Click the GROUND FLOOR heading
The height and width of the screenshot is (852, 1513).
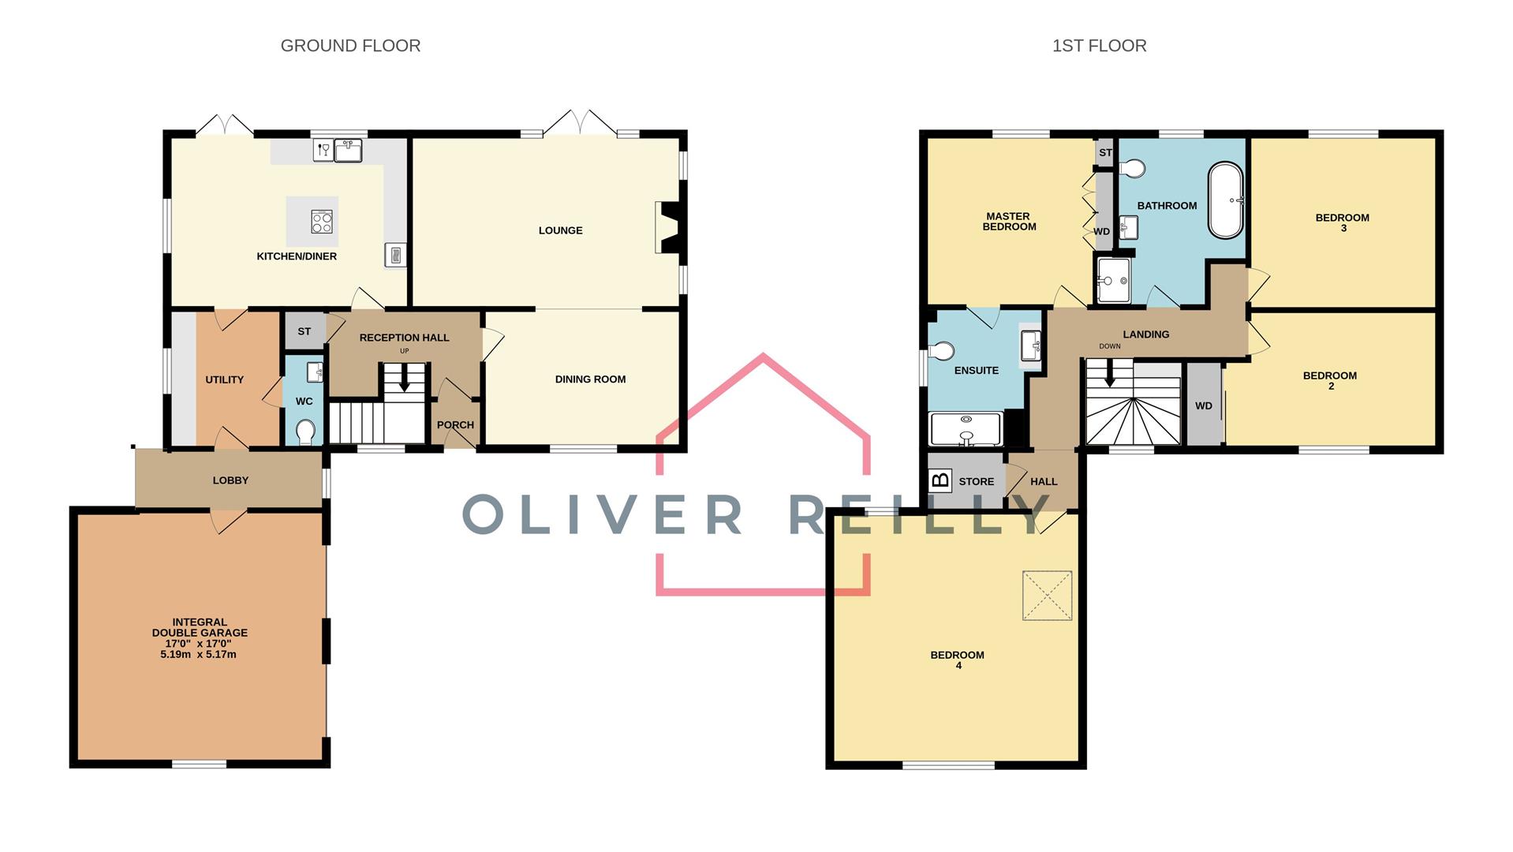350,46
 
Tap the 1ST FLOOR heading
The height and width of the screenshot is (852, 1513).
1099,46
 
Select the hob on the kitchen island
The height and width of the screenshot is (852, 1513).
321,222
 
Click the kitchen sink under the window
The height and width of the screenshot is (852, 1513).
348,150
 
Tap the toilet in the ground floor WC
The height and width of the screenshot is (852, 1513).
305,432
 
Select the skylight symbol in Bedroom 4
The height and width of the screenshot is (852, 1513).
1047,596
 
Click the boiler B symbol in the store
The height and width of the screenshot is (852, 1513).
940,480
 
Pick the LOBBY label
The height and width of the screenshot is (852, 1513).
230,480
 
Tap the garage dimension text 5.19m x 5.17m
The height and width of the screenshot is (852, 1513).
199,654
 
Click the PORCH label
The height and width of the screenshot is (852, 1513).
455,424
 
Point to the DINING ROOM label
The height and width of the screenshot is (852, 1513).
590,379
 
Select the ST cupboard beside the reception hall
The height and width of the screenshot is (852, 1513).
304,331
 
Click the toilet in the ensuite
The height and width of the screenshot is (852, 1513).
942,351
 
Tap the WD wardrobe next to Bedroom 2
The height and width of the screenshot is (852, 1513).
1203,405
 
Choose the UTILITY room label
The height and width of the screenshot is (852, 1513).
224,379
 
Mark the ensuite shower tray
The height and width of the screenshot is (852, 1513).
966,429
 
